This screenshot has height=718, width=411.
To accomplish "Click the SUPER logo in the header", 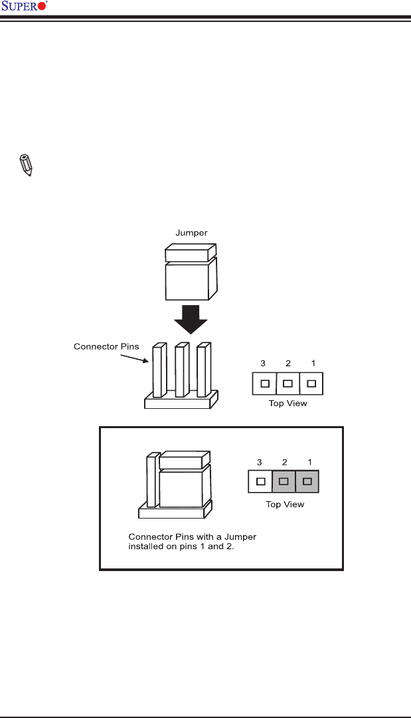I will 25,7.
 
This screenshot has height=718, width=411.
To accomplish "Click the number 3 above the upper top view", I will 263,363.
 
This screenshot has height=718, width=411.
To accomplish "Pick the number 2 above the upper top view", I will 288,363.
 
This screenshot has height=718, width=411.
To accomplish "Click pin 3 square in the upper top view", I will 264,383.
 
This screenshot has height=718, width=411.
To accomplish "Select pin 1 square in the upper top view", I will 311,383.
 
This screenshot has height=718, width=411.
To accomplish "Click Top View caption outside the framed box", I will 288,404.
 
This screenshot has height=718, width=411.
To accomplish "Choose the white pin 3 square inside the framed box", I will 260,481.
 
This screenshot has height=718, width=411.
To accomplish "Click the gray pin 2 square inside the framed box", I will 284,481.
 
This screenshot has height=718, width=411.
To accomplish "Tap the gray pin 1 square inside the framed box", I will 307,481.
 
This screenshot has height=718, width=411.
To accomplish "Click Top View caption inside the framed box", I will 284,505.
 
